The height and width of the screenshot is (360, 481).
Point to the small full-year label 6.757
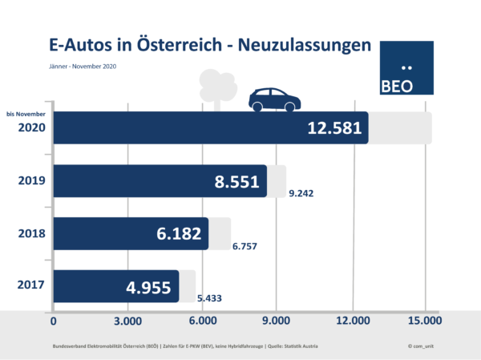pyautogui.click(x=247, y=246)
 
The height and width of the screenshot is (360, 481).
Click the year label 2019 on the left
pyautogui.click(x=33, y=180)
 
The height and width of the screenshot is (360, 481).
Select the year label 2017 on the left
pyautogui.click(x=33, y=285)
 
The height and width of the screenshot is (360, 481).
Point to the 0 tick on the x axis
pyautogui.click(x=54, y=322)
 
